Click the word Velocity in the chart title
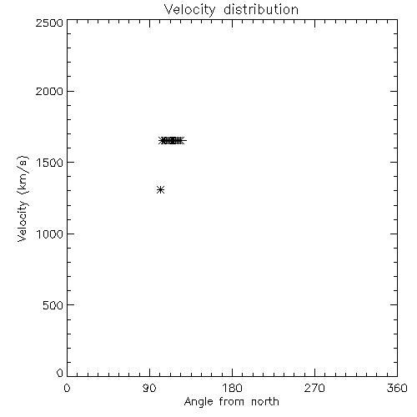pyautogui.click(x=190, y=10)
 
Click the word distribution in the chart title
pyautogui.click(x=261, y=9)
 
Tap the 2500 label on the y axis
pyautogui.click(x=49, y=23)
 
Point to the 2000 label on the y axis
pyautogui.click(x=49, y=91)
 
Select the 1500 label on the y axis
pyautogui.click(x=50, y=163)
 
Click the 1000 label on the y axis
pyautogui.click(x=50, y=234)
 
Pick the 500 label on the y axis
pyautogui.click(x=53, y=305)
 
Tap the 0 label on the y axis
pyautogui.click(x=60, y=373)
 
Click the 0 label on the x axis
pyautogui.click(x=67, y=388)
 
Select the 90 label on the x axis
pyautogui.click(x=149, y=388)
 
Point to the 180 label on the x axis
pyautogui.click(x=232, y=388)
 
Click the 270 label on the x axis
pyautogui.click(x=314, y=388)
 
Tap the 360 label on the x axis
pyautogui.click(x=397, y=388)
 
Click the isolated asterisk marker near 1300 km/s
pyautogui.click(x=161, y=190)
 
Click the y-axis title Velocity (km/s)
pyautogui.click(x=23, y=198)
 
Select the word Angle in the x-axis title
pyautogui.click(x=198, y=403)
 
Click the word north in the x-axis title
pyautogui.click(x=265, y=402)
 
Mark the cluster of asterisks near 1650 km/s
pyautogui.click(x=173, y=141)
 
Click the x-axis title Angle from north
pyautogui.click(x=232, y=403)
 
